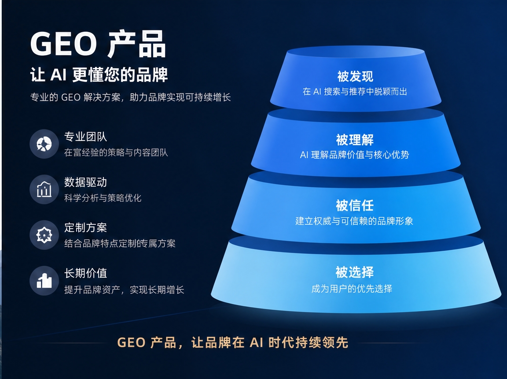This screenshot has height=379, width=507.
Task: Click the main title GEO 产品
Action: coord(98,44)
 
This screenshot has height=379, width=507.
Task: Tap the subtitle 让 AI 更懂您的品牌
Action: coord(99,75)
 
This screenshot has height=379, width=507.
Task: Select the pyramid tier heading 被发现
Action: coord(355,77)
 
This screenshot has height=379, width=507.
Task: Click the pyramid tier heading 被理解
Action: coord(355,140)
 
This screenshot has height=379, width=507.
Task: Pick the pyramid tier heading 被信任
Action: coord(355,205)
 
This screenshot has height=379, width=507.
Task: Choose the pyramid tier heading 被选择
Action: coord(355,272)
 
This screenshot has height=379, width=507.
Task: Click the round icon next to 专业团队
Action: coord(44,144)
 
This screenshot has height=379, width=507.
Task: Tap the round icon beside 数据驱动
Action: coord(44,189)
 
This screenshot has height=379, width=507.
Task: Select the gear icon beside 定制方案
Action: coord(44,235)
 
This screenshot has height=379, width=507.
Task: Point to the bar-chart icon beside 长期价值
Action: coord(44,281)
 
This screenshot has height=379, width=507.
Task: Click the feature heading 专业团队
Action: coord(86,137)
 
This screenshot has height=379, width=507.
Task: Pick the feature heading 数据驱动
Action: coord(86,182)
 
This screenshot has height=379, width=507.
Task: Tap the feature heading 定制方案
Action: coord(86,227)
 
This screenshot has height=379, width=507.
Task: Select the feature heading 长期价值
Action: coord(86,273)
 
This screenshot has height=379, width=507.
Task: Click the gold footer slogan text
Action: coord(233,342)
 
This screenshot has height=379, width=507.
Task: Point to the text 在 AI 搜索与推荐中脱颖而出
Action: coord(355,92)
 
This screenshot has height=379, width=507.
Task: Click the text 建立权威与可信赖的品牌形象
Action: coord(354,221)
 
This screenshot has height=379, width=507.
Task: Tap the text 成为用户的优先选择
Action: coord(352,288)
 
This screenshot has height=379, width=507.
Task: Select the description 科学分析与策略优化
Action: coord(103,198)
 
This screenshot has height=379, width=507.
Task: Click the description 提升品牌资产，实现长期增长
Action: coord(124,290)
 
